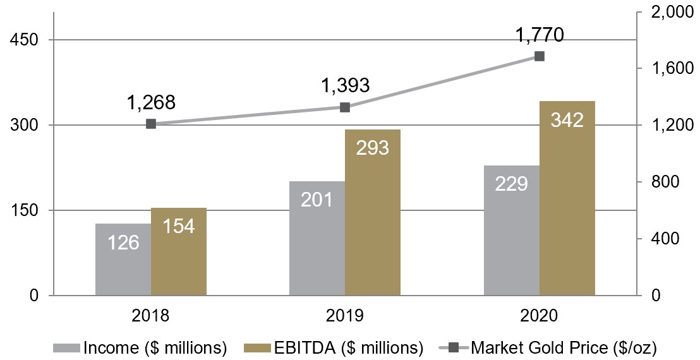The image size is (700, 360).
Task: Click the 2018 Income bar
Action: pyautogui.click(x=123, y=259)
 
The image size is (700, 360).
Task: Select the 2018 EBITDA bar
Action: pyautogui.click(x=179, y=251)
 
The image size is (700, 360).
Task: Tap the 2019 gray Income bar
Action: pyautogui.click(x=317, y=238)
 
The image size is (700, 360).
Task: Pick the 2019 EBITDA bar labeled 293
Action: pyautogui.click(x=373, y=212)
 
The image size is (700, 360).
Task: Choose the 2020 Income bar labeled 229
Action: pyautogui.click(x=512, y=230)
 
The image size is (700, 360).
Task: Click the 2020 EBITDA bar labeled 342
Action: pyautogui.click(x=567, y=198)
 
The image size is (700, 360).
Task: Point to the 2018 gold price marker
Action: pyautogui.click(x=151, y=124)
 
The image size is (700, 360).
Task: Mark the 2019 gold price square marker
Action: pyautogui.click(x=345, y=107)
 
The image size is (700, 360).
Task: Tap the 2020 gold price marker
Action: pyautogui.click(x=540, y=56)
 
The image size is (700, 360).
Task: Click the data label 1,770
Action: pyautogui.click(x=540, y=34)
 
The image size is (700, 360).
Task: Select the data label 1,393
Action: pyautogui.click(x=345, y=85)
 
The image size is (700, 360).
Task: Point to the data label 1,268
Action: pyautogui.click(x=151, y=102)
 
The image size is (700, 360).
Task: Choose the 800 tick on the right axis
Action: pyautogui.click(x=664, y=182)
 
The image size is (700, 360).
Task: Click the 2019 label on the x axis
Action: pyautogui.click(x=345, y=316)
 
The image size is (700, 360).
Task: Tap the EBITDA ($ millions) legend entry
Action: pyautogui.click(x=333, y=347)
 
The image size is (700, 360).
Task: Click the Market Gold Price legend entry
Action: pyautogui.click(x=547, y=347)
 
